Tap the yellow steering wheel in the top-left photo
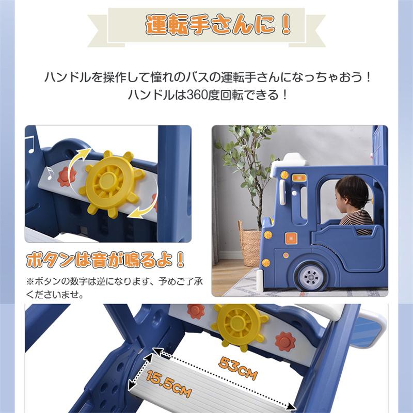tap(108, 181)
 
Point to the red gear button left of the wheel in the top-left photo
tap(65, 176)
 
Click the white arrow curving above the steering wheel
tap(80, 161)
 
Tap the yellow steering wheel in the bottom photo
tap(238, 323)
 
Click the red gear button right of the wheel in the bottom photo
tap(285, 341)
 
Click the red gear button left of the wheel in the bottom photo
tap(196, 311)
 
